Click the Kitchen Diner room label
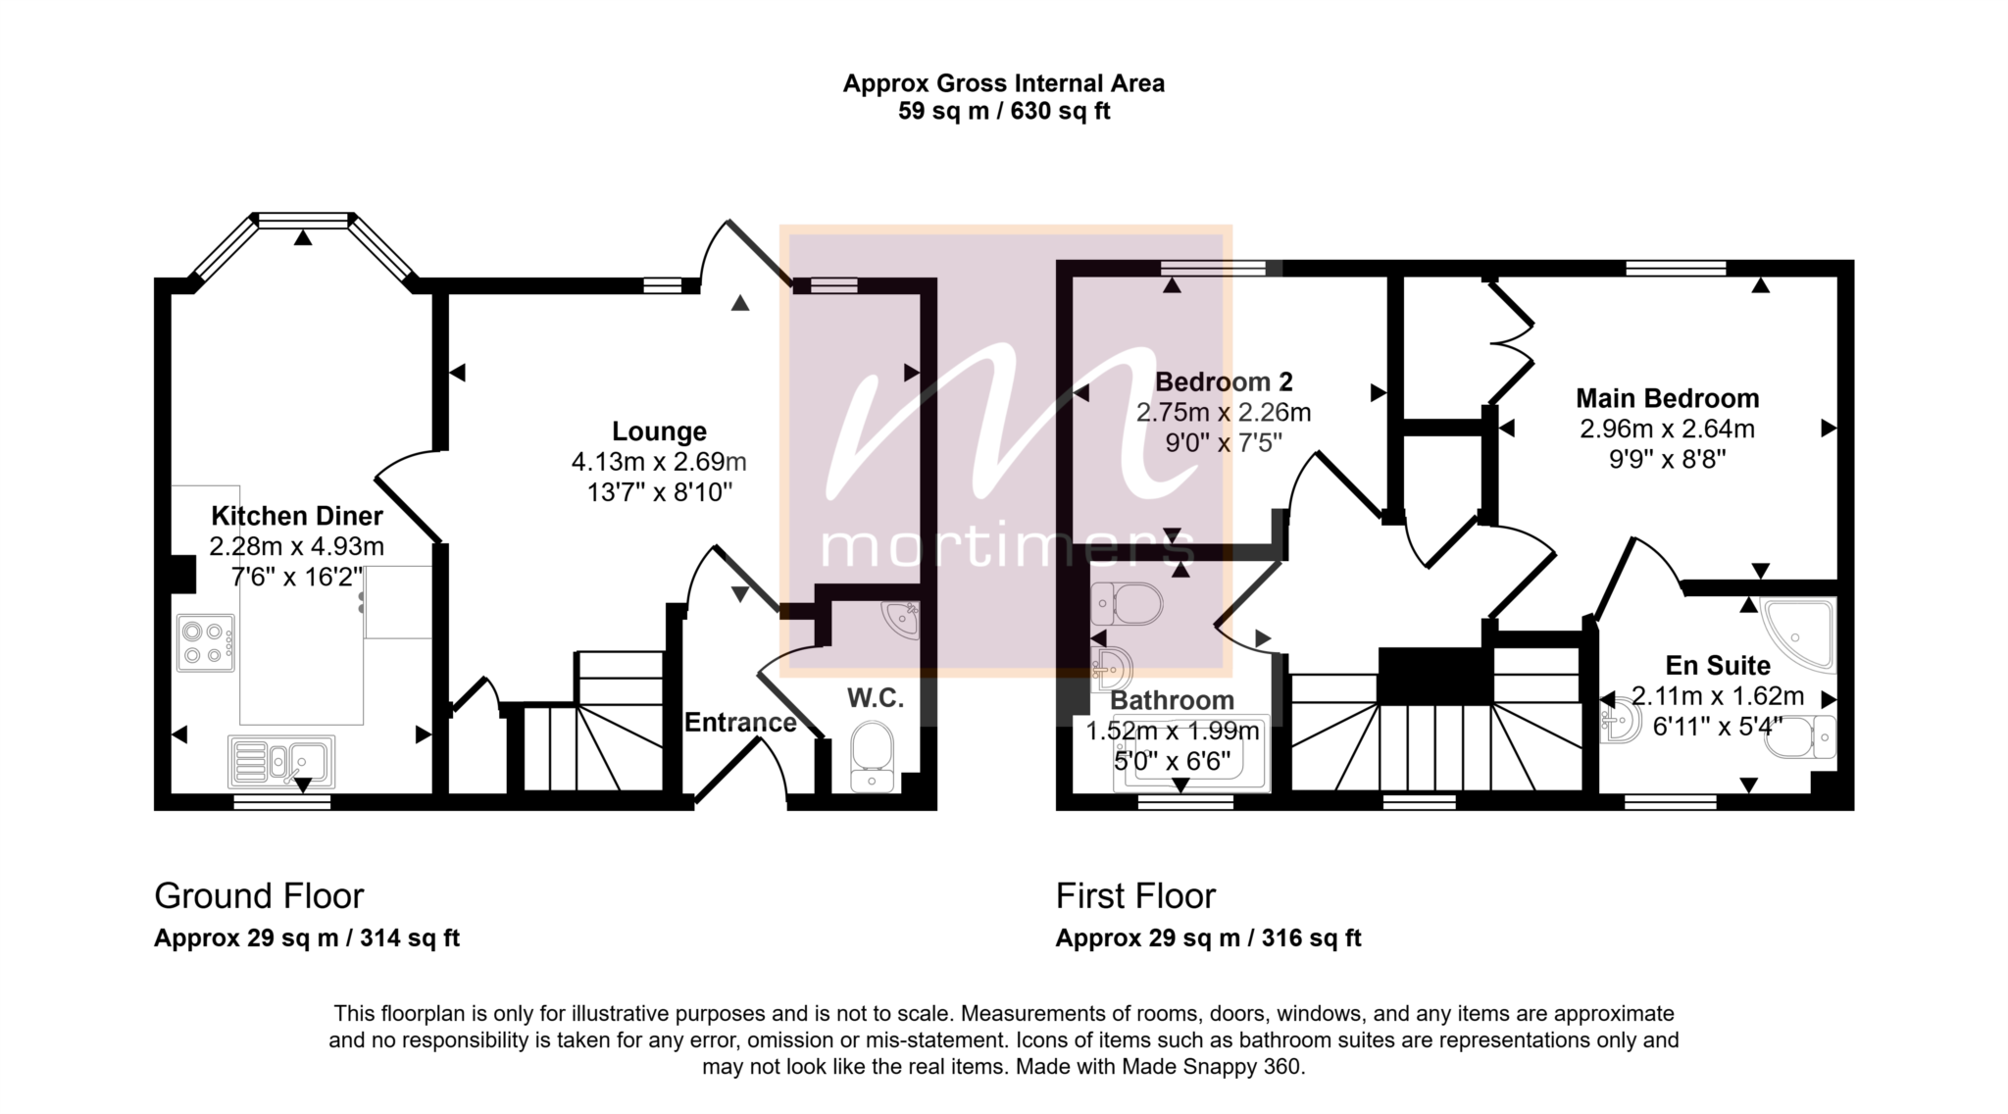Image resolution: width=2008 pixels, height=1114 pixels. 297,516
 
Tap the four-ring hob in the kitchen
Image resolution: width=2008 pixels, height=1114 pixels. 206,643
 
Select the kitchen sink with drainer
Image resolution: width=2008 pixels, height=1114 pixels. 281,762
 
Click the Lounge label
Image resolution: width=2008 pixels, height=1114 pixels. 659,431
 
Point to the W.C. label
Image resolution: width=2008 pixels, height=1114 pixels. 876,698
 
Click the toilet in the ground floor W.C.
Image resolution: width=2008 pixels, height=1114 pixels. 872,758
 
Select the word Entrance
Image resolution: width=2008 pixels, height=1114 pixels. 740,723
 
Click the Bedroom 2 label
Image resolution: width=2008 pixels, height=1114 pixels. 1224,381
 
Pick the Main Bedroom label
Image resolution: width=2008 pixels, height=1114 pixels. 1667,398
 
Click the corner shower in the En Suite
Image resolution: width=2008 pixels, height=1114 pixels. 1799,634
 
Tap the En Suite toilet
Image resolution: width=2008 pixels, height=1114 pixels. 1801,737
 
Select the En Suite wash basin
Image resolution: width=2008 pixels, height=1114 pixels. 1621,719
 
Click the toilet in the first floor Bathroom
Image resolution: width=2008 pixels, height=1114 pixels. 1127,603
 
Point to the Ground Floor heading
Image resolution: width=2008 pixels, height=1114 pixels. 259,896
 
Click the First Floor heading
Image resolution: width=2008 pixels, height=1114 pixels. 1135,896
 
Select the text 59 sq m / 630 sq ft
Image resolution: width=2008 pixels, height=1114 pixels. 1004,111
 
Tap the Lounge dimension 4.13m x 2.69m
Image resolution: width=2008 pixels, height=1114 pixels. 659,462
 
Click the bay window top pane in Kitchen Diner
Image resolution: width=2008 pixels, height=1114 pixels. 303,220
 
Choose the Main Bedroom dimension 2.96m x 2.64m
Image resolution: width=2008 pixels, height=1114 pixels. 1667,429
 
